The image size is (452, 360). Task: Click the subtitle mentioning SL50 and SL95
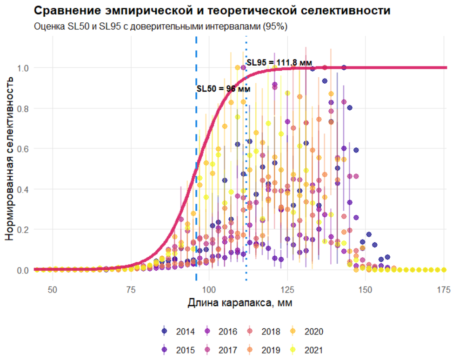tap(161, 27)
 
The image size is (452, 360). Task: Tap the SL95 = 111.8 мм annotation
tap(279, 63)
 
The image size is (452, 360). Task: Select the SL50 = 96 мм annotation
tap(223, 89)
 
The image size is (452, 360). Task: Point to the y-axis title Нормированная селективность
tap(10, 158)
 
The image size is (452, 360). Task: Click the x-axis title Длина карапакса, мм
tap(239, 303)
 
